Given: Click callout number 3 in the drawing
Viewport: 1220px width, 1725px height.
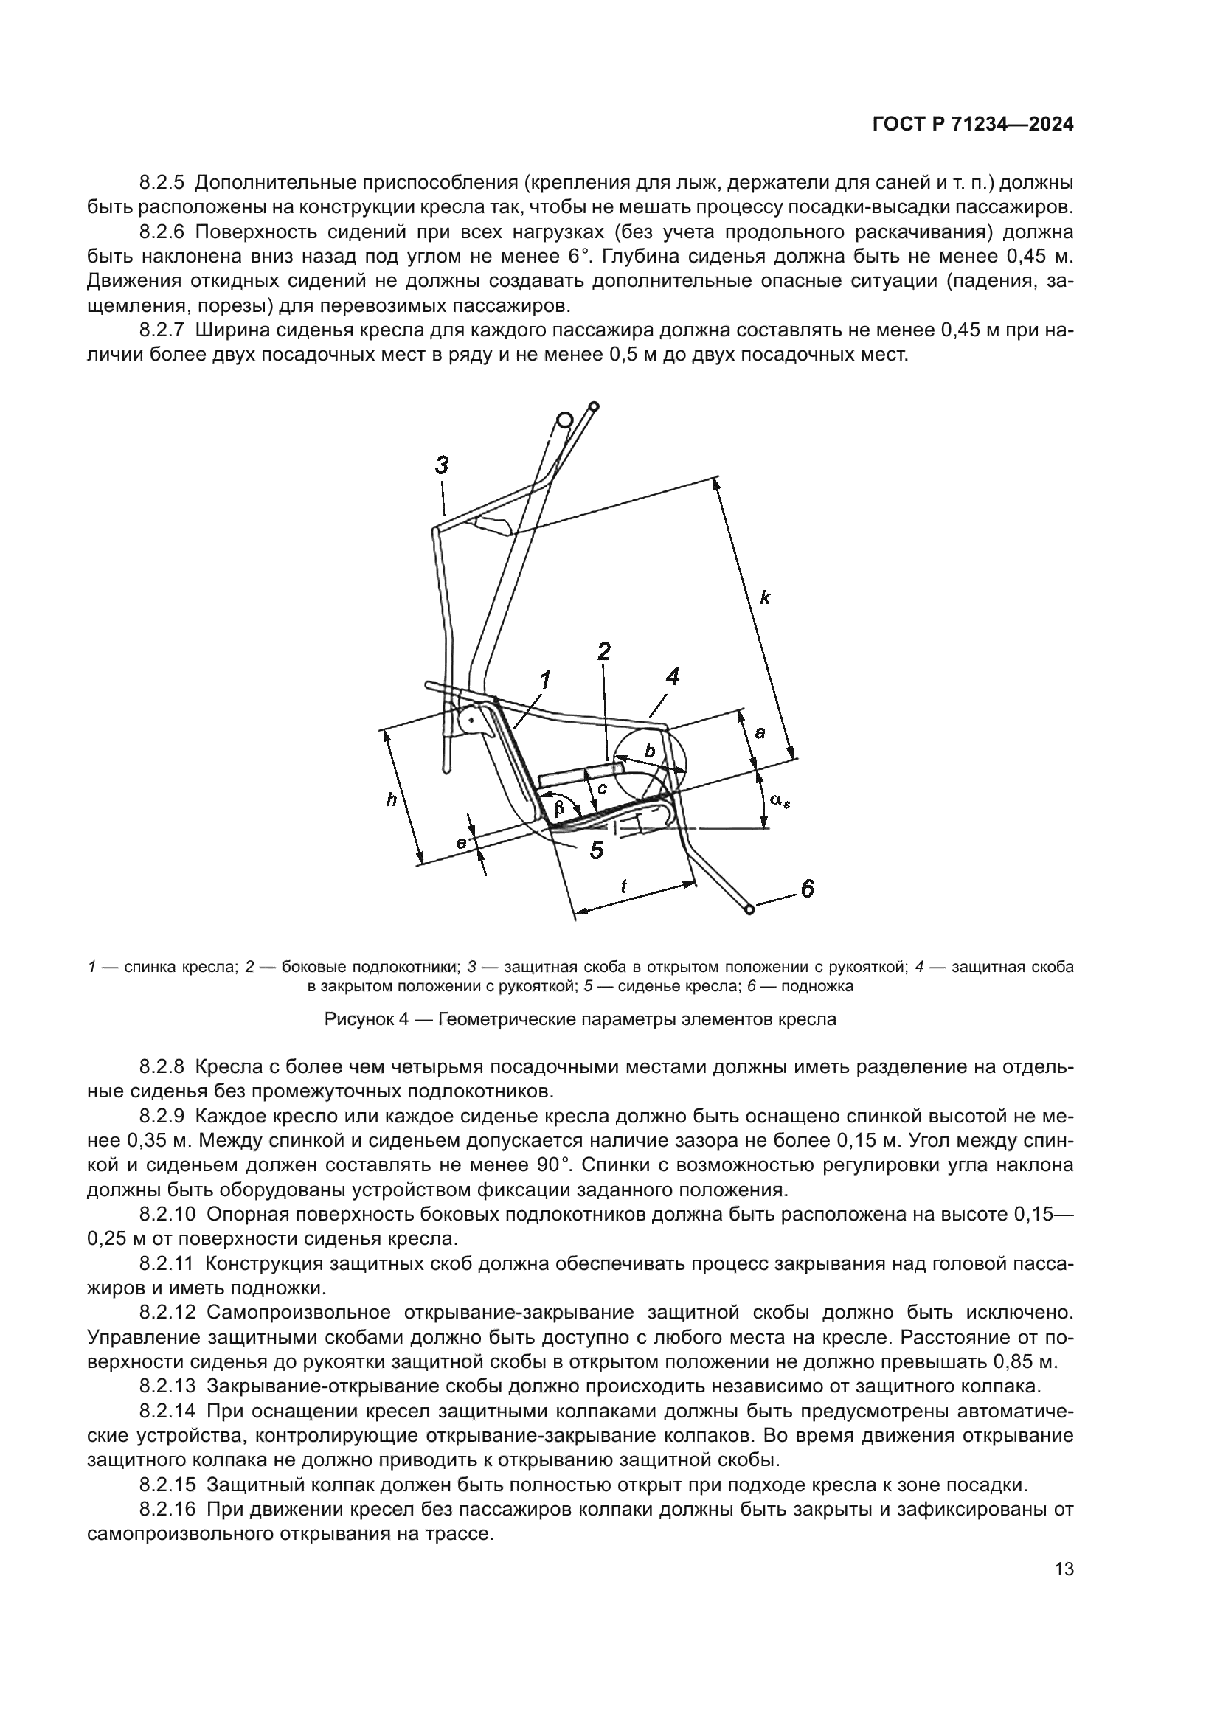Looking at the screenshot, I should tap(442, 465).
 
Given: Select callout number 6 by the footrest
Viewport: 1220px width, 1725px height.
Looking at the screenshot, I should tap(807, 889).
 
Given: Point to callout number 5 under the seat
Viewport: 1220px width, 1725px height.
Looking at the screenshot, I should tap(597, 850).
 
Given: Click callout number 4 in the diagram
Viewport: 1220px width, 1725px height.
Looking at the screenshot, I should tap(673, 677).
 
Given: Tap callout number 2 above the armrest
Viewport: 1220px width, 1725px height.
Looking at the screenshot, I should tap(603, 651).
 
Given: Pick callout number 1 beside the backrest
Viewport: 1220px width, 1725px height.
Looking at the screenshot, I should tap(544, 681).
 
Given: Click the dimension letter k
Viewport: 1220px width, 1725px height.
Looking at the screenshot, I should tap(765, 598).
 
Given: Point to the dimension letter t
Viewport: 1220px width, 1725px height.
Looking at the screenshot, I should tap(623, 886).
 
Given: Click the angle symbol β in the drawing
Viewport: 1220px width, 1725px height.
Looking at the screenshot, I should tap(559, 808).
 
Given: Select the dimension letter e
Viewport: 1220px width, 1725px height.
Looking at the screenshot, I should tap(462, 843).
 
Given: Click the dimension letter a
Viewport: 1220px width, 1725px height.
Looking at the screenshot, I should tap(760, 732).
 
